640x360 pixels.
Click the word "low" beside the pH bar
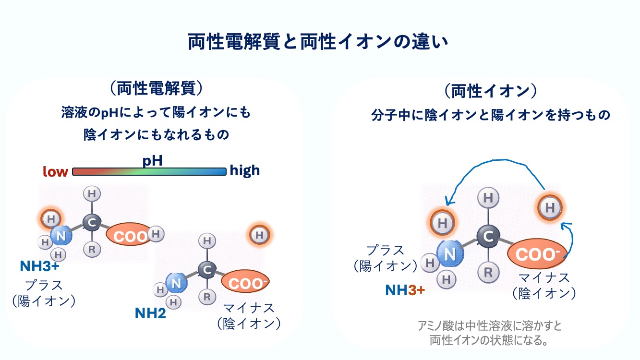tap(55, 171)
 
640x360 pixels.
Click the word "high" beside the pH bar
tap(245, 170)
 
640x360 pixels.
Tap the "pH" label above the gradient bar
tap(153, 161)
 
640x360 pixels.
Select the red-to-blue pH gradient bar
tap(149, 171)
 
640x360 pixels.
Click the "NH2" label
tap(150, 313)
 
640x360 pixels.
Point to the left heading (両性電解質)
tap(157, 88)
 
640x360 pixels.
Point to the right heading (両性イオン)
tap(491, 91)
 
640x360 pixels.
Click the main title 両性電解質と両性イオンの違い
tap(318, 42)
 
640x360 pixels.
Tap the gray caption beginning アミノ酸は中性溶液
tap(489, 333)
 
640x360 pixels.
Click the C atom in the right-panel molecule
tap(488, 236)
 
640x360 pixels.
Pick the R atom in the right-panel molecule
tap(488, 272)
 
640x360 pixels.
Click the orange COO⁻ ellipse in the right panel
tap(537, 254)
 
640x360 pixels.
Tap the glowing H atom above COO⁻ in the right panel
tap(550, 207)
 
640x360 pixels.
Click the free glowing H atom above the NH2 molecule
tap(259, 235)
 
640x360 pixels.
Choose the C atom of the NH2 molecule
tap(207, 270)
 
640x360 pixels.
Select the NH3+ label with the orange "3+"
tap(405, 290)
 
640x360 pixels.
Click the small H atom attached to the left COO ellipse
tap(156, 234)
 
